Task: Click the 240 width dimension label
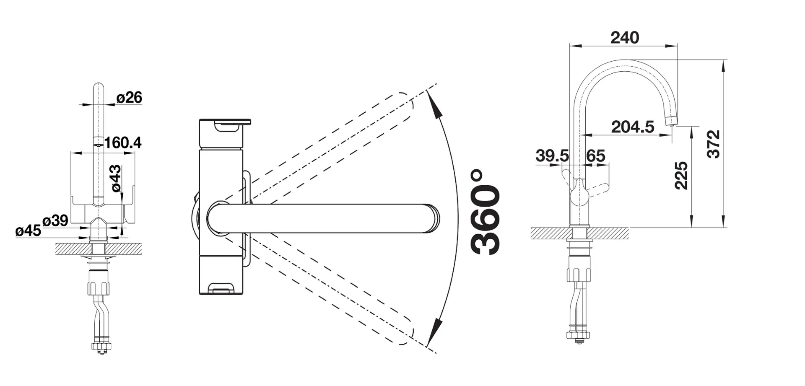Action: [624, 38]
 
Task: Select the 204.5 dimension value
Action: [632, 127]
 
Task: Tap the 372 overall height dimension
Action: [713, 144]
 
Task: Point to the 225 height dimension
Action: [681, 176]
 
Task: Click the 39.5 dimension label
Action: [552, 156]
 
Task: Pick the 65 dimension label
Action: [596, 156]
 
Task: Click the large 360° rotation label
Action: [486, 212]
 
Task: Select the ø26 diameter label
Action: [129, 98]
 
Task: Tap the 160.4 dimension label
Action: [122, 143]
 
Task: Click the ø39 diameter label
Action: [55, 220]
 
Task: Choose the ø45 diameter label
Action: [28, 231]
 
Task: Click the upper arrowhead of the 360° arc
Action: [436, 109]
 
